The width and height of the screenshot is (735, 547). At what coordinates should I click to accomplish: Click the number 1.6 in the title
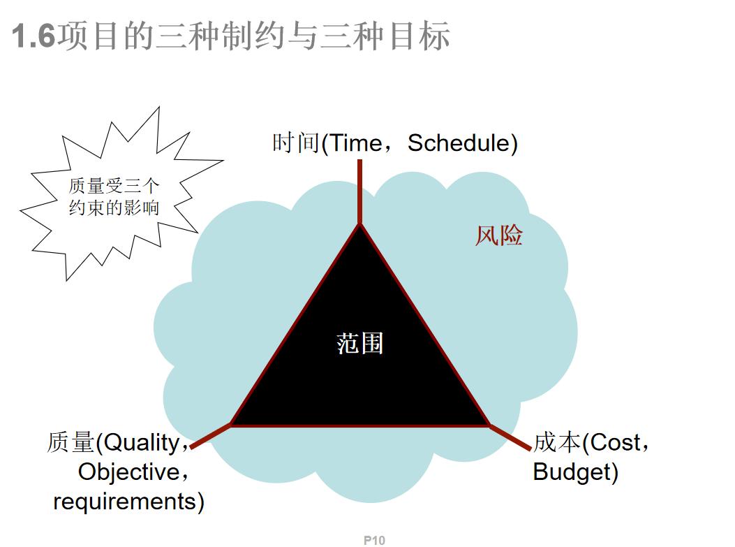coord(34,36)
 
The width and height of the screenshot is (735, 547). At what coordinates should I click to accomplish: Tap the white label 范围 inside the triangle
coord(360,343)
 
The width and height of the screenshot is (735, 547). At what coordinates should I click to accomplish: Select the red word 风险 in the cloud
coord(499,235)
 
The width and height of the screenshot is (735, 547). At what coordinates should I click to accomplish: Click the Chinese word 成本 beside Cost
coord(557,442)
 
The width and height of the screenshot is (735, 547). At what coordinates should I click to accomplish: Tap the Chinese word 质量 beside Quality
coord(70,442)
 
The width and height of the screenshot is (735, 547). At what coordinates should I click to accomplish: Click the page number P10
coord(374,540)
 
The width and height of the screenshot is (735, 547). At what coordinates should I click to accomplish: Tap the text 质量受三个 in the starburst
coord(114,186)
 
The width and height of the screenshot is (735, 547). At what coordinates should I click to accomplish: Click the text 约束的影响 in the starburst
coord(114,207)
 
